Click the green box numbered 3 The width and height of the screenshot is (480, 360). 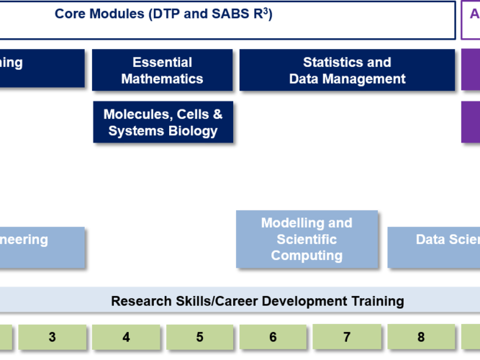tap(52, 336)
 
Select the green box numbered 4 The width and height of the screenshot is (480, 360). tap(126, 336)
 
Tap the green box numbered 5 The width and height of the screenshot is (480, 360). tap(199, 336)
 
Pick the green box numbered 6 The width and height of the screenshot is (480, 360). tap(273, 336)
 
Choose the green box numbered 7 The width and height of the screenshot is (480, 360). tap(347, 336)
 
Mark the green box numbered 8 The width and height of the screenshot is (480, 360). tap(421, 336)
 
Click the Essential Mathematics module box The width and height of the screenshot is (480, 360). tap(162, 71)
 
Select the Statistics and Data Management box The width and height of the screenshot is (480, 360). tap(347, 71)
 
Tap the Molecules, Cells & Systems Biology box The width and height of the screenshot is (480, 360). tap(163, 122)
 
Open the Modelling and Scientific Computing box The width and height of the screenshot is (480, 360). tap(307, 239)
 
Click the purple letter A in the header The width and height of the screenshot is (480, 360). tap(474, 14)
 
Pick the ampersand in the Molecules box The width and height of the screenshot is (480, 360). tap(217, 114)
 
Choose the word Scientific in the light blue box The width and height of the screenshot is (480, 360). tap(307, 239)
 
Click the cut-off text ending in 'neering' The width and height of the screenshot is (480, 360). tap(24, 240)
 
